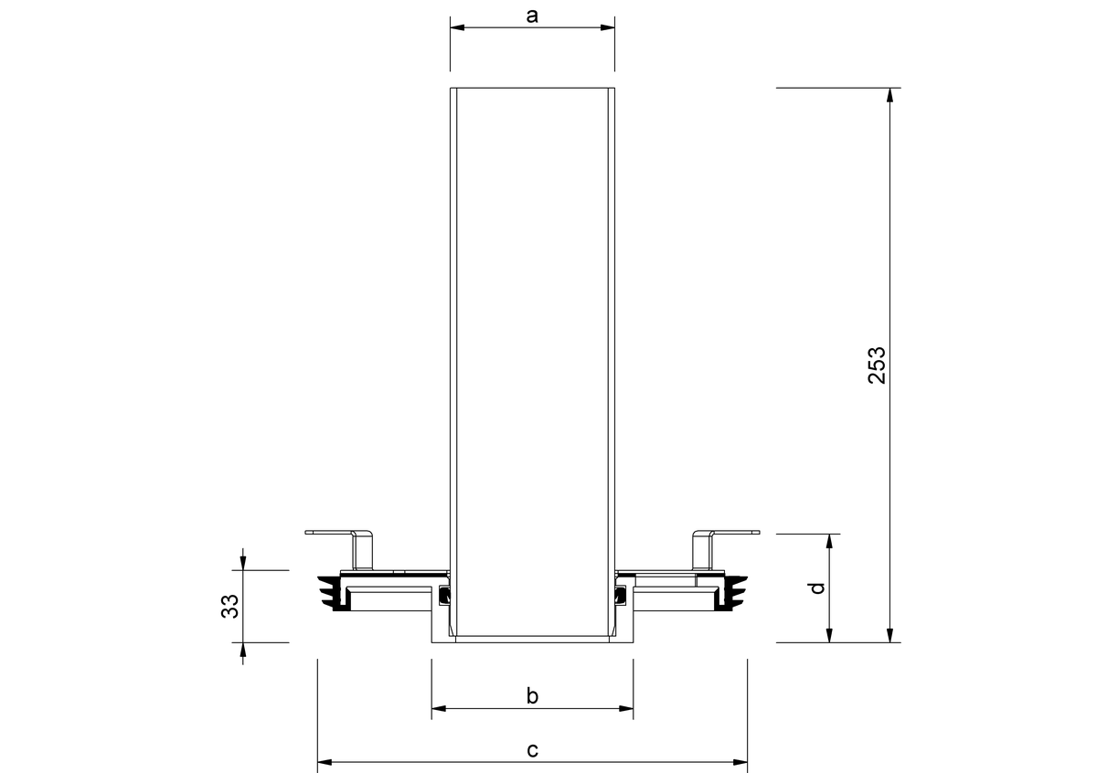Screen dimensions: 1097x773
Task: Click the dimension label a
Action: (x=532, y=16)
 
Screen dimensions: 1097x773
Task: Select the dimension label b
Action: (x=532, y=695)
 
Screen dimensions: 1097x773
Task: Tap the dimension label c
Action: (x=532, y=749)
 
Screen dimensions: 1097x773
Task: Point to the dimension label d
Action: (x=818, y=588)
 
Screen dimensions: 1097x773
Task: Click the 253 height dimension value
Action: (x=877, y=365)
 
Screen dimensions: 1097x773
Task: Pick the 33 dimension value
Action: (x=229, y=606)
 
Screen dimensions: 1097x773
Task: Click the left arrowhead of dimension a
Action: (x=457, y=27)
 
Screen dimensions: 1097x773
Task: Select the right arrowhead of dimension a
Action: (x=608, y=27)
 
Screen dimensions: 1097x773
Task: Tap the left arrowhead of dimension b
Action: (x=439, y=708)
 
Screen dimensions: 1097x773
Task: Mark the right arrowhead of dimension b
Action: (x=626, y=708)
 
